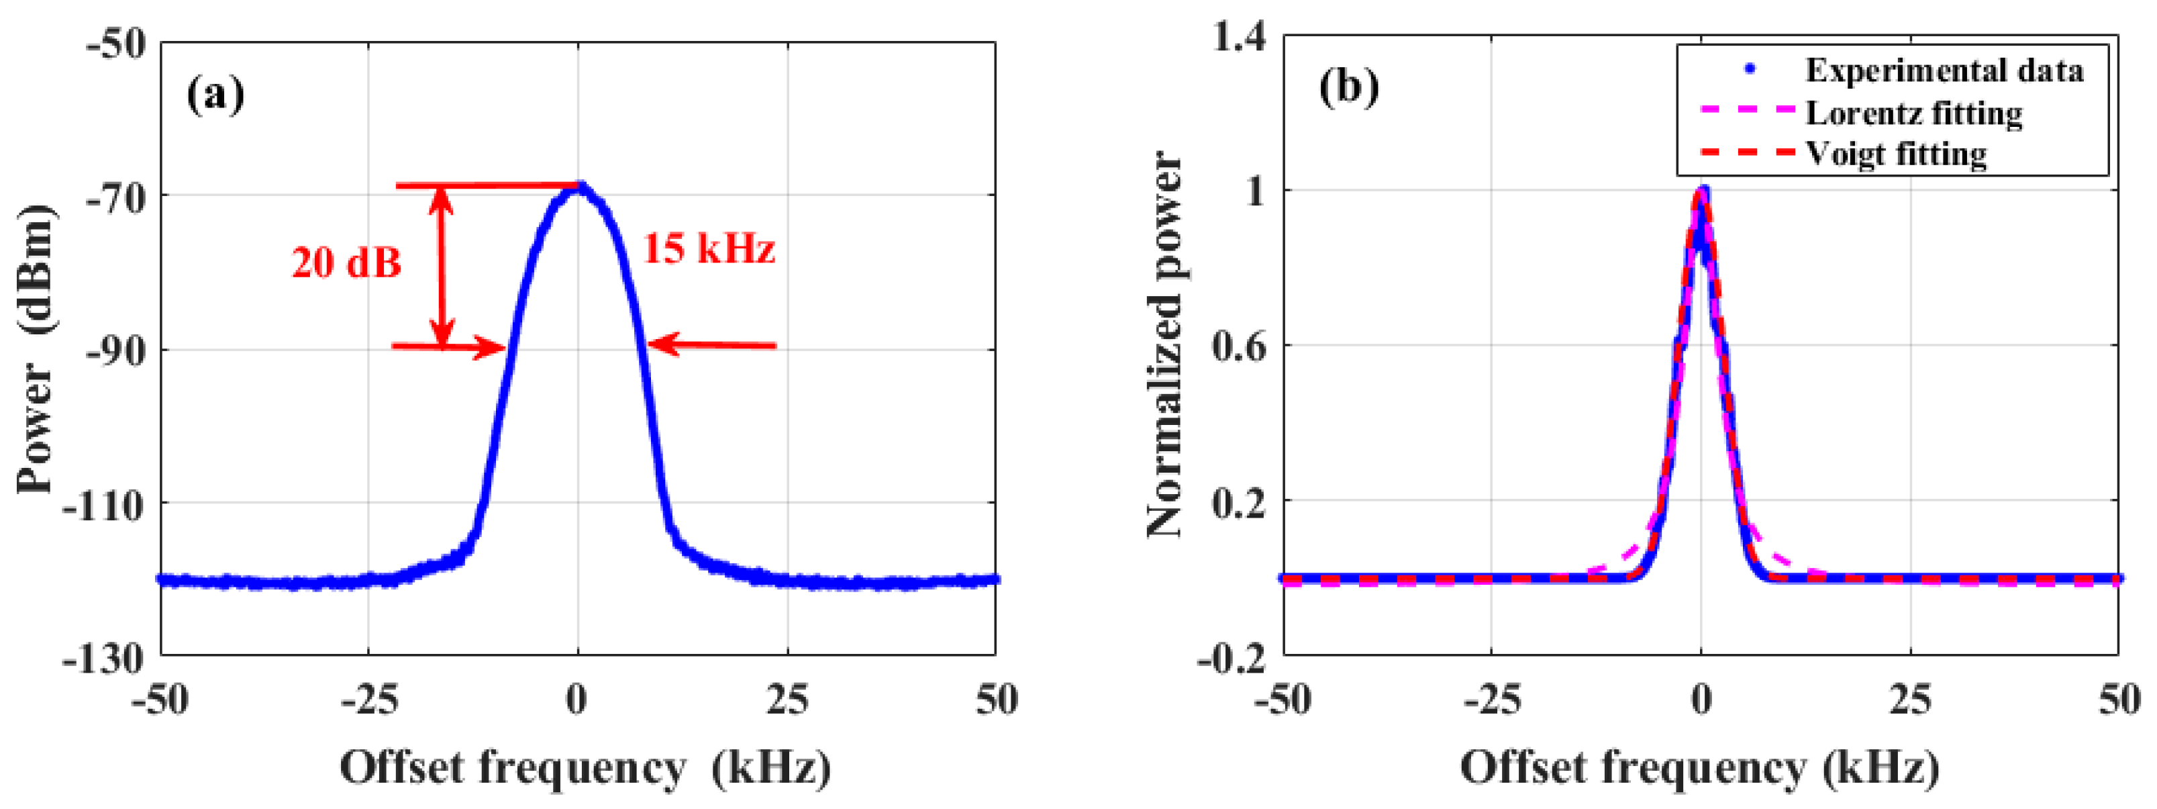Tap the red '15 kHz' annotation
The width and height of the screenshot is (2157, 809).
[x=709, y=248]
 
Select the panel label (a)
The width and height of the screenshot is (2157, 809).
[x=215, y=94]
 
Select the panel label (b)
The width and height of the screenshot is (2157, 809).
[x=1348, y=86]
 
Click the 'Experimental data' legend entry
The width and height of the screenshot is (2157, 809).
[x=1944, y=70]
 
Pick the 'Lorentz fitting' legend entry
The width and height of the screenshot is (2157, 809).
[x=1913, y=113]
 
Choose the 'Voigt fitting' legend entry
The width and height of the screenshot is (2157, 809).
[x=1896, y=154]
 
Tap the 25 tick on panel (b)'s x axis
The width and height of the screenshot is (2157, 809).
[x=1910, y=700]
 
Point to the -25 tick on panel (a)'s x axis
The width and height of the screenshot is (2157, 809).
[x=368, y=700]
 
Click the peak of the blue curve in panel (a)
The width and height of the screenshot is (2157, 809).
[x=579, y=186]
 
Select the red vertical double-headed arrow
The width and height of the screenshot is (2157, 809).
[x=443, y=267]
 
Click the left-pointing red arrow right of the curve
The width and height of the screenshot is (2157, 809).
[x=712, y=345]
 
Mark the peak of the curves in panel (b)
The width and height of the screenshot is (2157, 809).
[x=1701, y=191]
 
